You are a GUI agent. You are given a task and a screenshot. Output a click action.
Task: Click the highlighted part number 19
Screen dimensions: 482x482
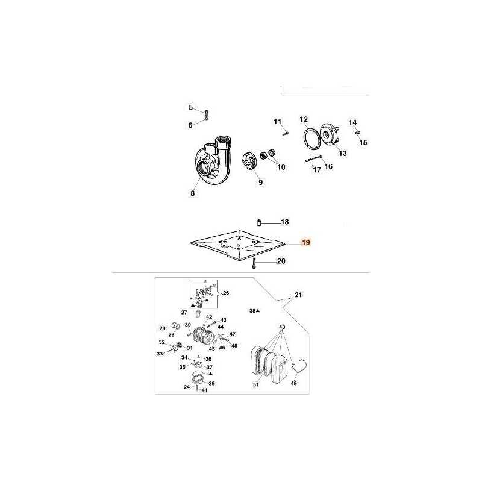pyautogui.click(x=306, y=243)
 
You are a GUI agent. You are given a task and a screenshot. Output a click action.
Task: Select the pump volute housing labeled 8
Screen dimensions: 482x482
pyautogui.click(x=214, y=161)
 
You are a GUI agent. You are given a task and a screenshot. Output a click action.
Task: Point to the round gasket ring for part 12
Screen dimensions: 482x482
pyautogui.click(x=312, y=139)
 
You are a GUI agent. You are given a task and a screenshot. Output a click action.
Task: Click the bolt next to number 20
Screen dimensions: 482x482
pyautogui.click(x=254, y=263)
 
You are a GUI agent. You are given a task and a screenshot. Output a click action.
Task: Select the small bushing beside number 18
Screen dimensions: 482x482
pyautogui.click(x=259, y=222)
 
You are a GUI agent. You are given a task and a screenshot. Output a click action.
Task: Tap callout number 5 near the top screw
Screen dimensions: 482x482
pyautogui.click(x=191, y=108)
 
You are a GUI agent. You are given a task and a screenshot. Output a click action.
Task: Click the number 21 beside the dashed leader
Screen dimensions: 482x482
pyautogui.click(x=298, y=295)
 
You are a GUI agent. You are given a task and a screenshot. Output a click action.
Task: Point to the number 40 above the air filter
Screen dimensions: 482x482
pyautogui.click(x=282, y=327)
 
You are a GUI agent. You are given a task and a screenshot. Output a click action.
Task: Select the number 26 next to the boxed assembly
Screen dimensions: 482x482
pyautogui.click(x=226, y=293)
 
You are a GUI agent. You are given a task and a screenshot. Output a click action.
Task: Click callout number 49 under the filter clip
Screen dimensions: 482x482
pyautogui.click(x=294, y=383)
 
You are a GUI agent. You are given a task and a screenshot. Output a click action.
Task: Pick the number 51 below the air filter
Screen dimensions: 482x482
pyautogui.click(x=256, y=384)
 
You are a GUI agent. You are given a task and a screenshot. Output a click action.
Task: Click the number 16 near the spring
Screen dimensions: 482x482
pyautogui.click(x=328, y=167)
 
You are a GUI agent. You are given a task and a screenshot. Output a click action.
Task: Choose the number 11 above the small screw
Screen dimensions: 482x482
pyautogui.click(x=278, y=122)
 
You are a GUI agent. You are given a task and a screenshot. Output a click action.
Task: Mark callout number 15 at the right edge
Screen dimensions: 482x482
pyautogui.click(x=363, y=143)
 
